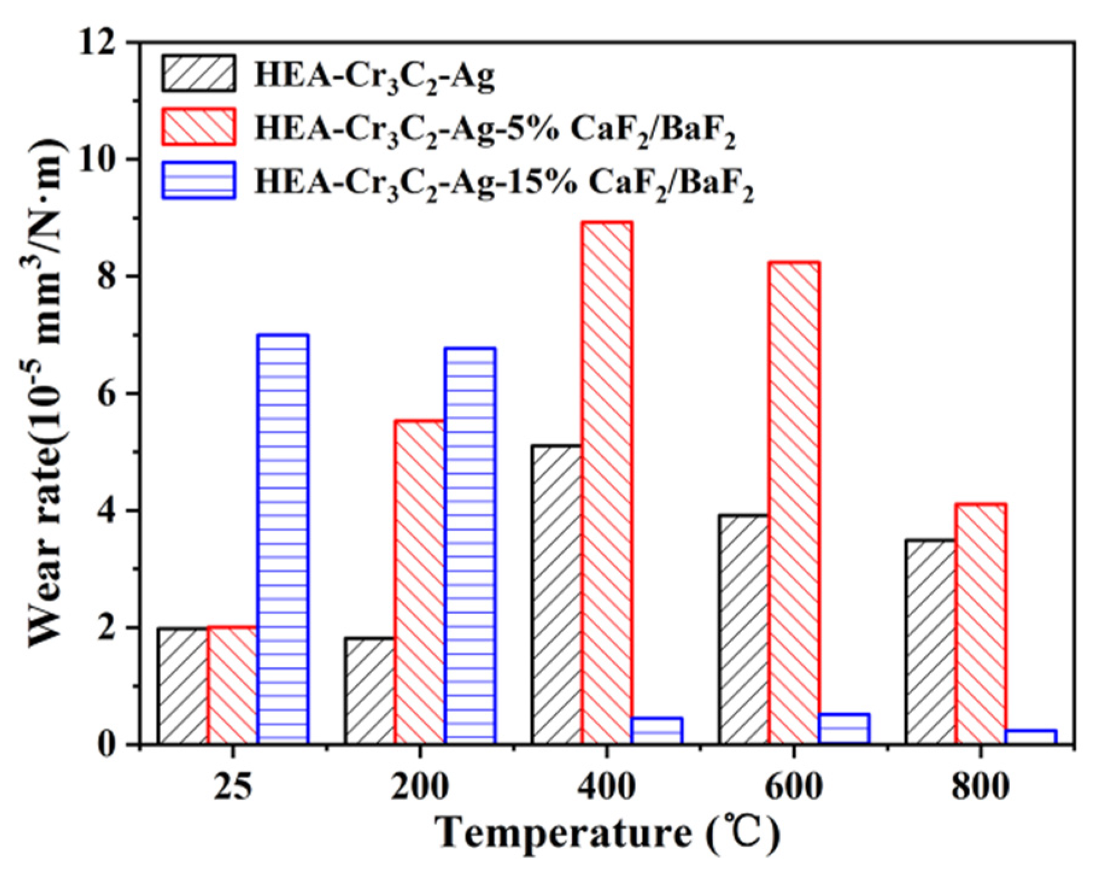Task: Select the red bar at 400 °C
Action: tap(607, 483)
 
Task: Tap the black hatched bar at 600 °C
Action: tap(744, 630)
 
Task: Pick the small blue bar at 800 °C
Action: tap(1031, 737)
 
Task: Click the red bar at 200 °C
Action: tap(420, 582)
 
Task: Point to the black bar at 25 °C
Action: tap(183, 686)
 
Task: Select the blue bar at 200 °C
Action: tap(470, 545)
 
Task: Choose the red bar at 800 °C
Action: tap(981, 624)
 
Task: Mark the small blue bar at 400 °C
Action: tap(657, 731)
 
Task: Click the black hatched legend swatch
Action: tap(198, 74)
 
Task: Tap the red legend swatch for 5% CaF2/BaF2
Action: tap(198, 127)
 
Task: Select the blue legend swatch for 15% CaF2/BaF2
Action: tap(198, 180)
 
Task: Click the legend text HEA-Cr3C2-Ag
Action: tap(374, 77)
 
